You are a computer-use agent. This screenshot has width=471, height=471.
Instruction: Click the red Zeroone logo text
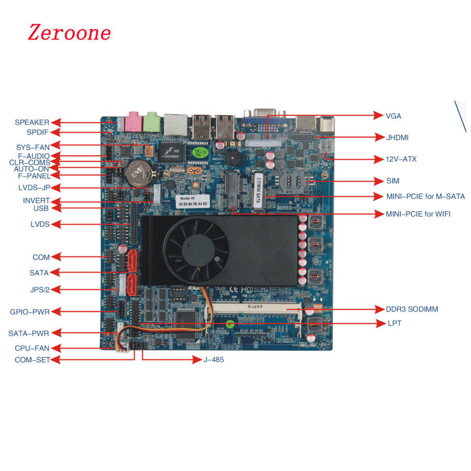point(69,33)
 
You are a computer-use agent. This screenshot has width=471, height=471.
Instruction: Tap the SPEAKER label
point(32,122)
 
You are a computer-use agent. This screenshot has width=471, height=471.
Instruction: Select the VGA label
point(393,116)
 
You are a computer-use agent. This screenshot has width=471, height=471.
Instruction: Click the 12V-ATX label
point(401,159)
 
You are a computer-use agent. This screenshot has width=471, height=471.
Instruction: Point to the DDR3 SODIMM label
point(412,309)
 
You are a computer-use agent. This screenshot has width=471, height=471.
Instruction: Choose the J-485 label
point(213,360)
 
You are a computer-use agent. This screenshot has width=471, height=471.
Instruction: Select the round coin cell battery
point(138,173)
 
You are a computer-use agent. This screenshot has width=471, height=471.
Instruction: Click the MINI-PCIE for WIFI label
point(418,214)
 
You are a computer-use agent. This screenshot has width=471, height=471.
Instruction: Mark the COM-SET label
point(32,360)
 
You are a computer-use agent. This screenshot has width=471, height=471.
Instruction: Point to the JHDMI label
point(397,137)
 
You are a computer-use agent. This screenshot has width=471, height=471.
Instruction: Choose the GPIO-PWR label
point(29,312)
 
